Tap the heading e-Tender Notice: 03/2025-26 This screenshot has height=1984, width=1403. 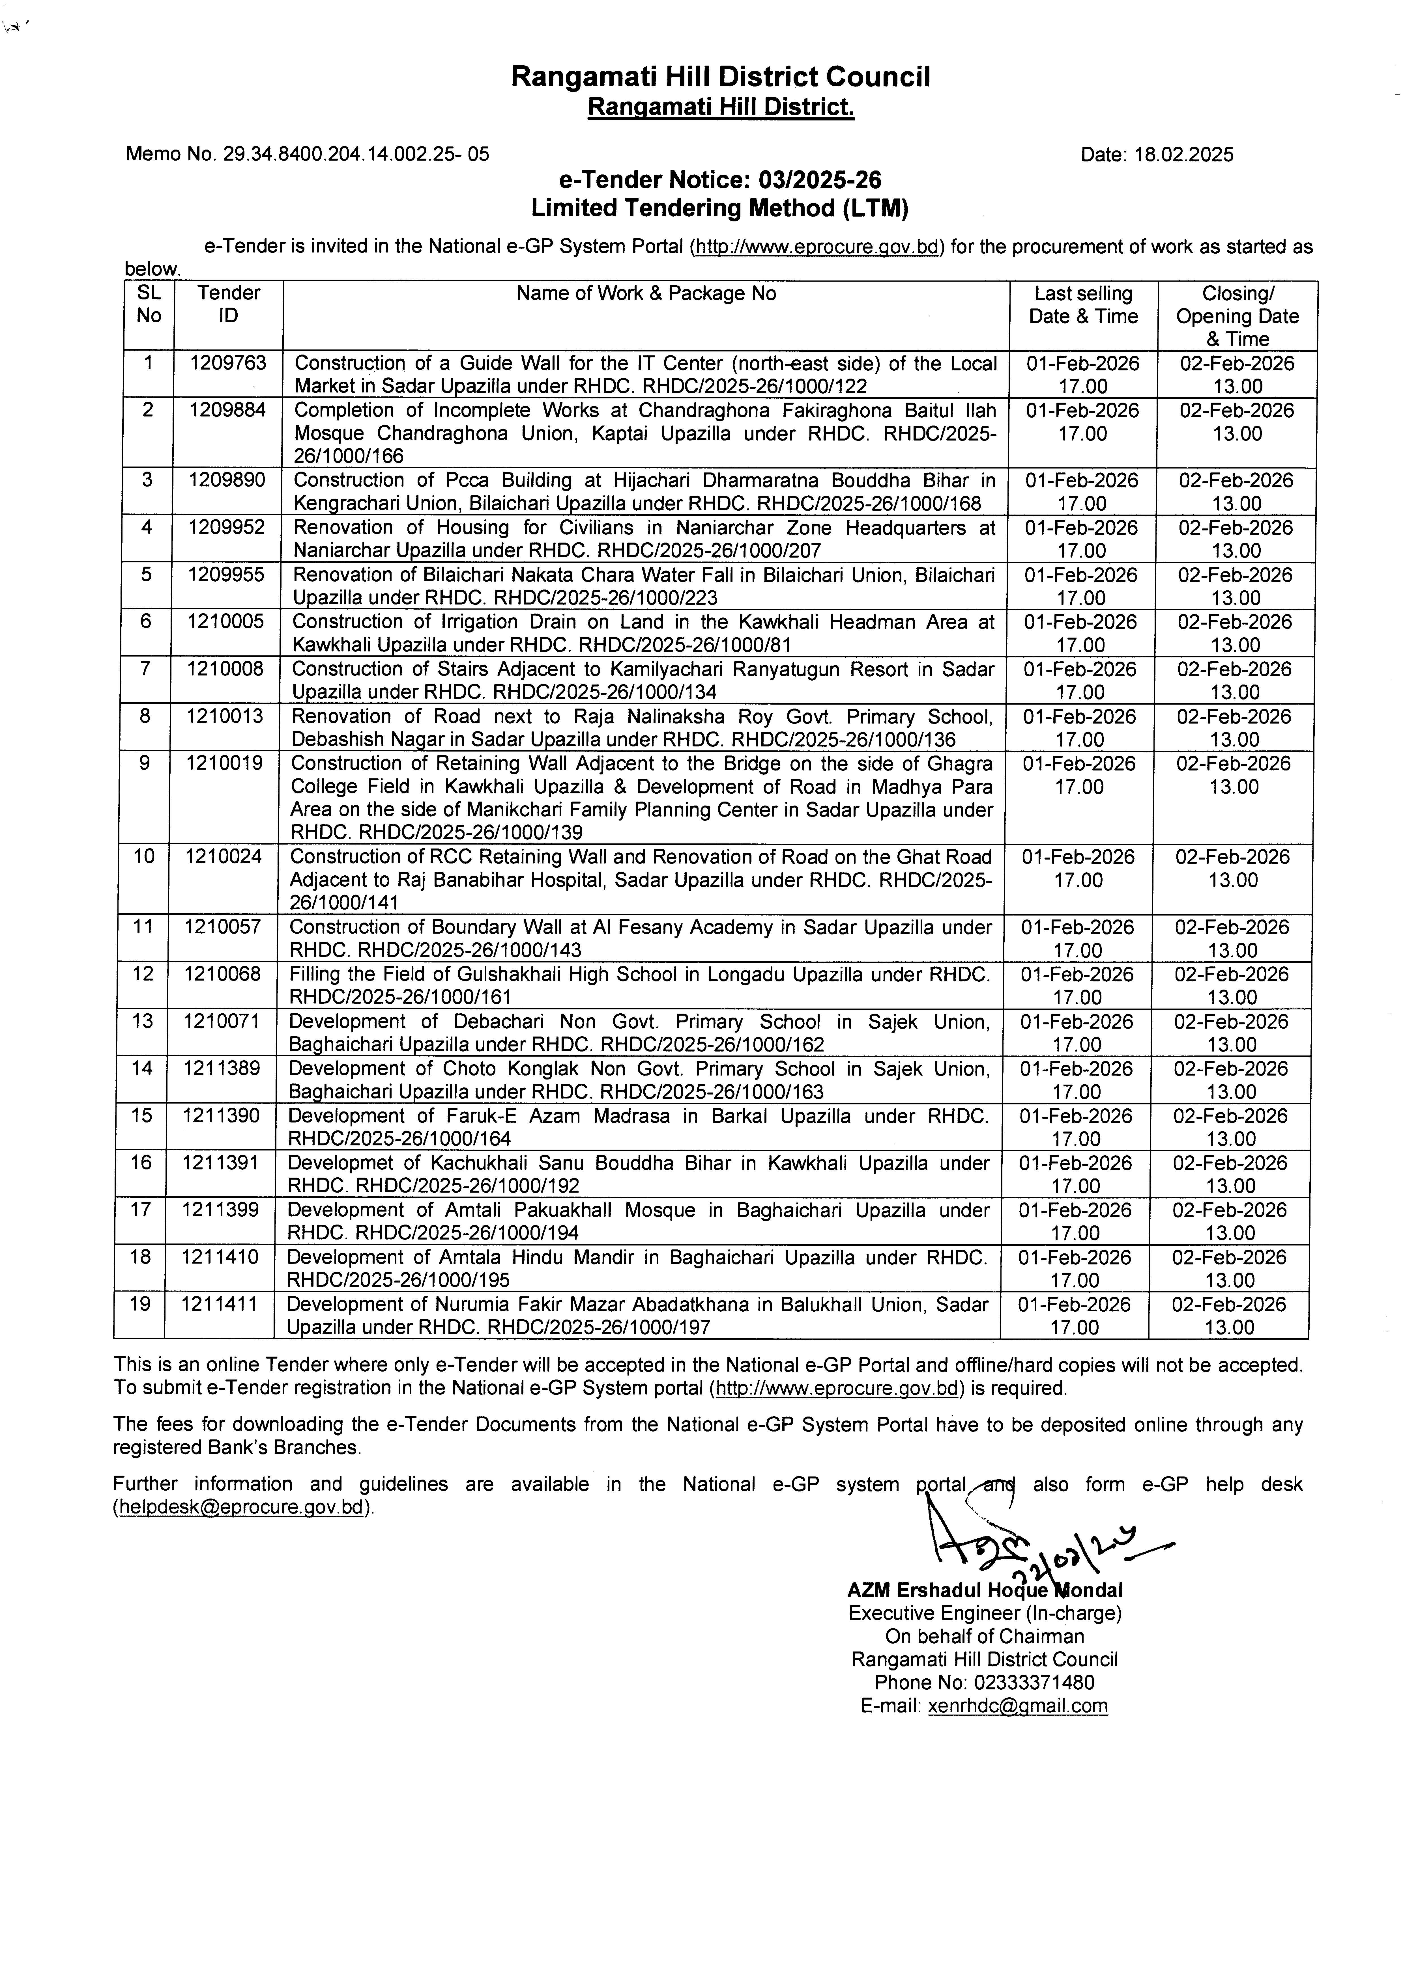pyautogui.click(x=720, y=181)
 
